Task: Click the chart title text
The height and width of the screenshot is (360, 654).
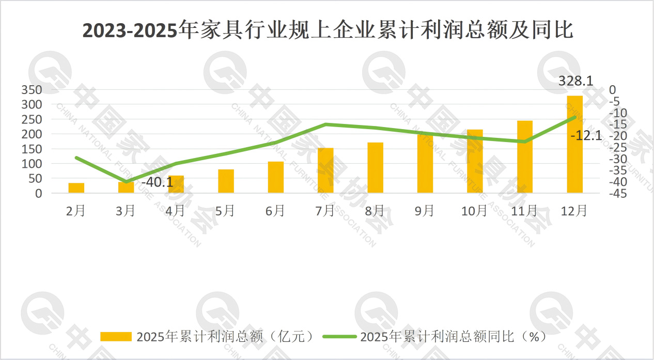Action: tap(328, 30)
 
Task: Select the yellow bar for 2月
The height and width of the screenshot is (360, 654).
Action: tap(76, 188)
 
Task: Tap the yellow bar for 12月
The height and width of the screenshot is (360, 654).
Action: tap(574, 145)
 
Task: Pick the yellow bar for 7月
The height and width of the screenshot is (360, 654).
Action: tap(325, 170)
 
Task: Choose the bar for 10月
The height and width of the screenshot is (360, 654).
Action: tap(475, 161)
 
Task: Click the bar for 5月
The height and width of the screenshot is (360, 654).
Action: tap(226, 181)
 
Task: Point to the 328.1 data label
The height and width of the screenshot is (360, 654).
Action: tap(575, 81)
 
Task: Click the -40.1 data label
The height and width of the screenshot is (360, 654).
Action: tap(157, 182)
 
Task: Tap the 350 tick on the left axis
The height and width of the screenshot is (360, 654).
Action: tap(32, 90)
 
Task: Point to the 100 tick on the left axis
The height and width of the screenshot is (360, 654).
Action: tap(32, 164)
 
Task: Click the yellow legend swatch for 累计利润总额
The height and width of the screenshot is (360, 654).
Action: tap(116, 337)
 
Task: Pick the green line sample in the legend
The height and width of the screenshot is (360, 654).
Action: tap(339, 337)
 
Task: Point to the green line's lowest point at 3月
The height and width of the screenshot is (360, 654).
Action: tap(126, 182)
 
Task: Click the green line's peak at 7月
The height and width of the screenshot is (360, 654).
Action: tap(325, 124)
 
